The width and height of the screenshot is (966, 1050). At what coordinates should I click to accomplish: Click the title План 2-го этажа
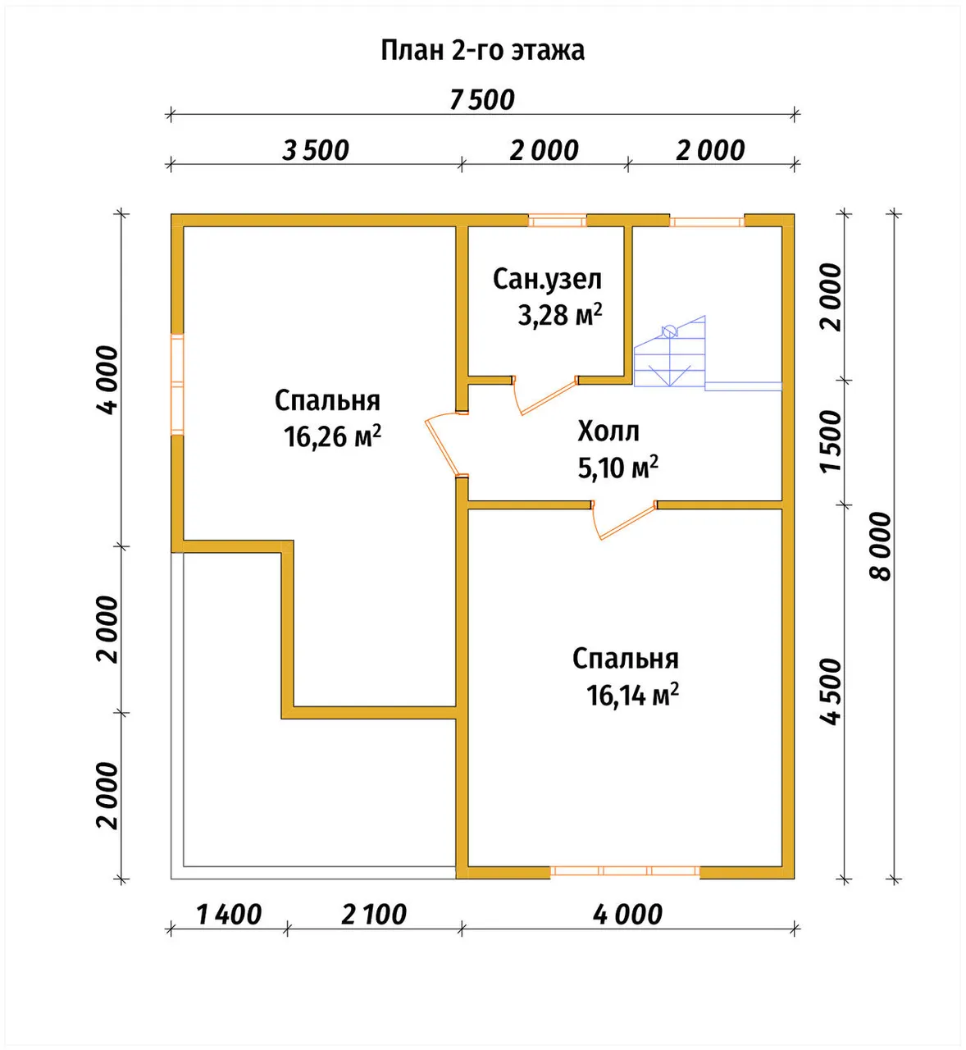(482, 51)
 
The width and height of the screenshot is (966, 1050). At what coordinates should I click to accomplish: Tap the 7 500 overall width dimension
(482, 100)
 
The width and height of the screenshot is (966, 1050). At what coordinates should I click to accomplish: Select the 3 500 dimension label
(315, 151)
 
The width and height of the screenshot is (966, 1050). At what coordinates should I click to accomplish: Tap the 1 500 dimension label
(831, 441)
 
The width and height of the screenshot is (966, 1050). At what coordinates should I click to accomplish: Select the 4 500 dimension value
(831, 692)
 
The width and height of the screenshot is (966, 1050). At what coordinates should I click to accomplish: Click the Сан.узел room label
(547, 279)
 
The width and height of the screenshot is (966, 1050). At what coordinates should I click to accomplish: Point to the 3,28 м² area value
(560, 314)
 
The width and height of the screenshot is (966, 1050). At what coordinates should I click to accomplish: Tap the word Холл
(608, 431)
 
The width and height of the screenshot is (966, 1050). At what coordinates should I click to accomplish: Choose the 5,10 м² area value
(618, 467)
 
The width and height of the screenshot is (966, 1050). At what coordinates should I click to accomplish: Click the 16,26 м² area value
(332, 436)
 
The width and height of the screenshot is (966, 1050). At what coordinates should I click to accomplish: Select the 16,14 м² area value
(633, 695)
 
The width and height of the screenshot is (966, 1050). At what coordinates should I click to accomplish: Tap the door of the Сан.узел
(545, 396)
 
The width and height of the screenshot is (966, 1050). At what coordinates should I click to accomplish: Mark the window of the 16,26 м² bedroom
(177, 385)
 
